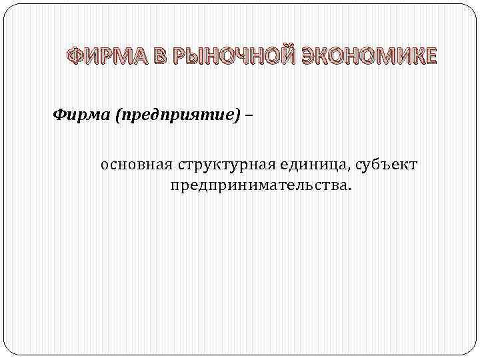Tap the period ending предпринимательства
347,189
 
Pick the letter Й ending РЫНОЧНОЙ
286,58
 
